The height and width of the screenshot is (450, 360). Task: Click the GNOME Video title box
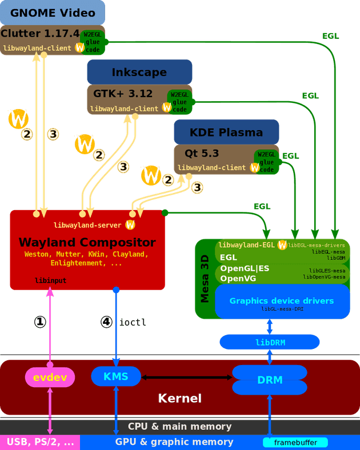52,12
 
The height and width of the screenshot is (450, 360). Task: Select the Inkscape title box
139,72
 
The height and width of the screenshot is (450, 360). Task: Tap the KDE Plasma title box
226,132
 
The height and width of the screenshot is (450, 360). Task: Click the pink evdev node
50,377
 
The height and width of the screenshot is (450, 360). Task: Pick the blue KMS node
116,376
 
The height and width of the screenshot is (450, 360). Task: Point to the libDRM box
270,342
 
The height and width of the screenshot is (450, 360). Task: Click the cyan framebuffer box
295,443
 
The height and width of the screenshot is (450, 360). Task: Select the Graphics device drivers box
282,302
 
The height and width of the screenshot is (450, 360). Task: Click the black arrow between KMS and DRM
186,377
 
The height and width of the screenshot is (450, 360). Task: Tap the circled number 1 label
40,322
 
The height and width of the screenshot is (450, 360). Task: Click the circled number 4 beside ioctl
106,322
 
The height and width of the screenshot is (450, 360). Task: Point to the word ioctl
133,323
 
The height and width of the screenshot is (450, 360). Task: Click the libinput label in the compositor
51,281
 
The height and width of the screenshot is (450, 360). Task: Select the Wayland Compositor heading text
87,242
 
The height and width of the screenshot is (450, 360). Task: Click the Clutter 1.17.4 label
40,34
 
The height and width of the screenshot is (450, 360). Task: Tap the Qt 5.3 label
202,153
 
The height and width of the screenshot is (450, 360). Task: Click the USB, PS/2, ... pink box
40,442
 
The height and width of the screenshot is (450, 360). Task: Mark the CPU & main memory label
180,427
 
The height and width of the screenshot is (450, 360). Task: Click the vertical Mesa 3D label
205,279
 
